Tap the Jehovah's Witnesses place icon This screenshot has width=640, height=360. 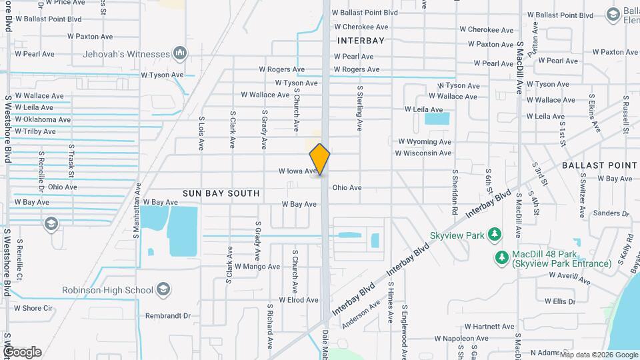click(179, 53)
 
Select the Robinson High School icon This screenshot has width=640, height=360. click(163, 290)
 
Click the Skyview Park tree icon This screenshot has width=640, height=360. click(494, 234)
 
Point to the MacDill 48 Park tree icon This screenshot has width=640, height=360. click(501, 257)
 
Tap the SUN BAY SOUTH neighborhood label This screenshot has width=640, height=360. click(221, 193)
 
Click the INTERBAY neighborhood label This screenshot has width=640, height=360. click(361, 41)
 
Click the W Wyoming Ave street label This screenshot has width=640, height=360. click(425, 142)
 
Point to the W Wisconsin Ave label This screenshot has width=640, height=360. click(423, 153)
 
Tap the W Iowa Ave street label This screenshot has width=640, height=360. click(297, 171)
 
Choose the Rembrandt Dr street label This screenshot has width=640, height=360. click(169, 316)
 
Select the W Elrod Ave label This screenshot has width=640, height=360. click(297, 300)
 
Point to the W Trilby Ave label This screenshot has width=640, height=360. click(35, 131)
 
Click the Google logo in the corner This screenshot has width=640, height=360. click(22, 352)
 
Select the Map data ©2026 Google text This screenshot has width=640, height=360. click(598, 355)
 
